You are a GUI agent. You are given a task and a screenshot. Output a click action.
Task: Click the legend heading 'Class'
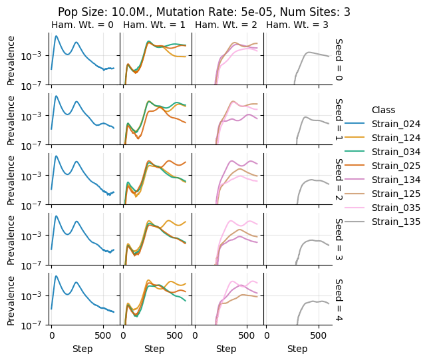tap(384, 110)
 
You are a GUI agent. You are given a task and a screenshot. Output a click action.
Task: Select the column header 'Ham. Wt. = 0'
tap(82, 25)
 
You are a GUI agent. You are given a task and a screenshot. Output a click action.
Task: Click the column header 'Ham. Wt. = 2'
tap(225, 25)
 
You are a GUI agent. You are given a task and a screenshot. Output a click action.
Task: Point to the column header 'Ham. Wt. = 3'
tap(297, 25)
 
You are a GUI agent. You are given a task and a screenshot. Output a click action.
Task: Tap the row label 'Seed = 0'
tap(339, 59)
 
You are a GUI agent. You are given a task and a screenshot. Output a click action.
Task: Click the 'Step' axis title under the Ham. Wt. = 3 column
tap(297, 349)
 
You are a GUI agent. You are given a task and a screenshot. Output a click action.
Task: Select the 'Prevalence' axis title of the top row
tap(11, 59)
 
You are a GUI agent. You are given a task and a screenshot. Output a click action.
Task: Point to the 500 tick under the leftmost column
tap(103, 337)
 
